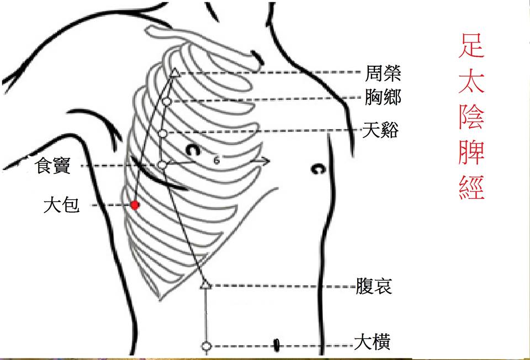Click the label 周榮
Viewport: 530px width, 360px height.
(x=383, y=72)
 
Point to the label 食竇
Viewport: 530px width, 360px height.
(x=53, y=166)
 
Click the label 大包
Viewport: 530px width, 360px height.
(x=62, y=205)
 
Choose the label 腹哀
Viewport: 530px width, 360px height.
(x=374, y=287)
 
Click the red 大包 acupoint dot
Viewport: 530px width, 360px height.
(x=135, y=205)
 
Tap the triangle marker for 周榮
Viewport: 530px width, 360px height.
(x=174, y=72)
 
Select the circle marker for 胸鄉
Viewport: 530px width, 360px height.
(x=166, y=102)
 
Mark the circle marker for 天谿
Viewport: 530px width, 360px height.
(x=162, y=134)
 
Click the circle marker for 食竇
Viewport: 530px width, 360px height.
(x=162, y=165)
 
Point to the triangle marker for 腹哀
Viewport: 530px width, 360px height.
(x=205, y=285)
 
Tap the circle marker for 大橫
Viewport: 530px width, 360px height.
(x=206, y=346)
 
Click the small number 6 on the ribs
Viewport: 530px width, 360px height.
(x=216, y=161)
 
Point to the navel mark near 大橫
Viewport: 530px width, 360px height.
(x=276, y=346)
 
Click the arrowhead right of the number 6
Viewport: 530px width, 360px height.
(x=266, y=161)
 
